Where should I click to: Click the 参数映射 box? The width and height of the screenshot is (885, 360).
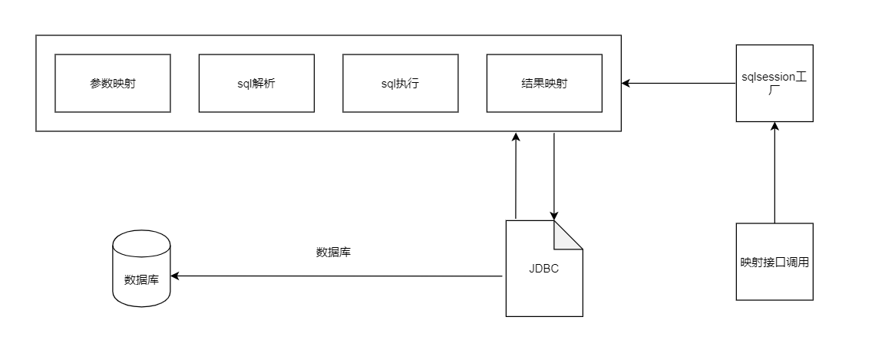click(112, 83)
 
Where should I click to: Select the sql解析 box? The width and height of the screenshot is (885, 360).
click(256, 83)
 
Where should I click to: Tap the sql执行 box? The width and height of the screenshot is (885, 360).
click(400, 83)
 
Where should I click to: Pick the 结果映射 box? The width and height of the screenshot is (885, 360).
click(544, 83)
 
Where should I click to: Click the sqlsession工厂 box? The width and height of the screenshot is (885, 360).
click(774, 83)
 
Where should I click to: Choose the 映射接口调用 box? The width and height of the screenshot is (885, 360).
click(774, 262)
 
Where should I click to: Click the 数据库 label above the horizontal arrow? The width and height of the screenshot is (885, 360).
click(334, 252)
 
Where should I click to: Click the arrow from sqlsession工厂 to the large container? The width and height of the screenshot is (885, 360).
click(679, 82)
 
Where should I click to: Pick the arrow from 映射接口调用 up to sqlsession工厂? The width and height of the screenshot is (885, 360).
click(774, 173)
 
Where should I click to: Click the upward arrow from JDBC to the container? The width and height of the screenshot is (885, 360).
click(517, 177)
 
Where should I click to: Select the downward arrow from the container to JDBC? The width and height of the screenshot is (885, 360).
click(554, 177)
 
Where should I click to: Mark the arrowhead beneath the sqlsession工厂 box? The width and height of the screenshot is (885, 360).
click(774, 127)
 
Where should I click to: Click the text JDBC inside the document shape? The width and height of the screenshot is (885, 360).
click(543, 269)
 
